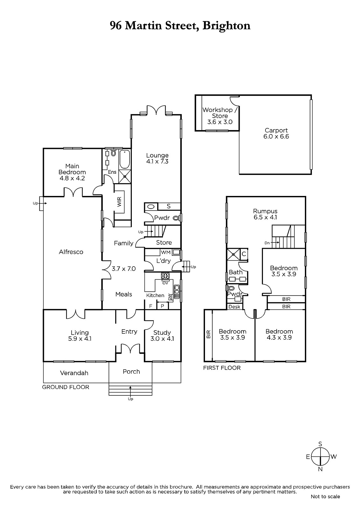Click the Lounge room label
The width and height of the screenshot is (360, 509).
[157, 156]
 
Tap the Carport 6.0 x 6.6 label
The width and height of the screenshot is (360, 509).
[276, 133]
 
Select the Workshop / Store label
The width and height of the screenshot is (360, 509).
[220, 113]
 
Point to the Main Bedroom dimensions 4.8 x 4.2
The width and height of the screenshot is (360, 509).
[72, 178]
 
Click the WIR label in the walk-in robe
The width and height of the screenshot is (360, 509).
[119, 202]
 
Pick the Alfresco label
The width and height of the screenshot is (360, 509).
[71, 252]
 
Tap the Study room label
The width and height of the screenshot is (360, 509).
[162, 333]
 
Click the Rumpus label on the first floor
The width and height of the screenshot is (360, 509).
[265, 211]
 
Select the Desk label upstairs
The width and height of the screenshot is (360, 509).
[234, 307]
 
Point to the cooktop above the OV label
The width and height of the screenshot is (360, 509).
[165, 276]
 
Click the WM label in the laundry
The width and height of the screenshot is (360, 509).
[166, 252]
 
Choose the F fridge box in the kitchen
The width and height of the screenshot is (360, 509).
[151, 306]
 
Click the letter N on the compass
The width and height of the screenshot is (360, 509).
[320, 469]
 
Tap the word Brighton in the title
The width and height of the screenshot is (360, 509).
[227, 26]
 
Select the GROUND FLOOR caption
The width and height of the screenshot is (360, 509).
[66, 387]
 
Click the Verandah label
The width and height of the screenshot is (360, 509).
[74, 373]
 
